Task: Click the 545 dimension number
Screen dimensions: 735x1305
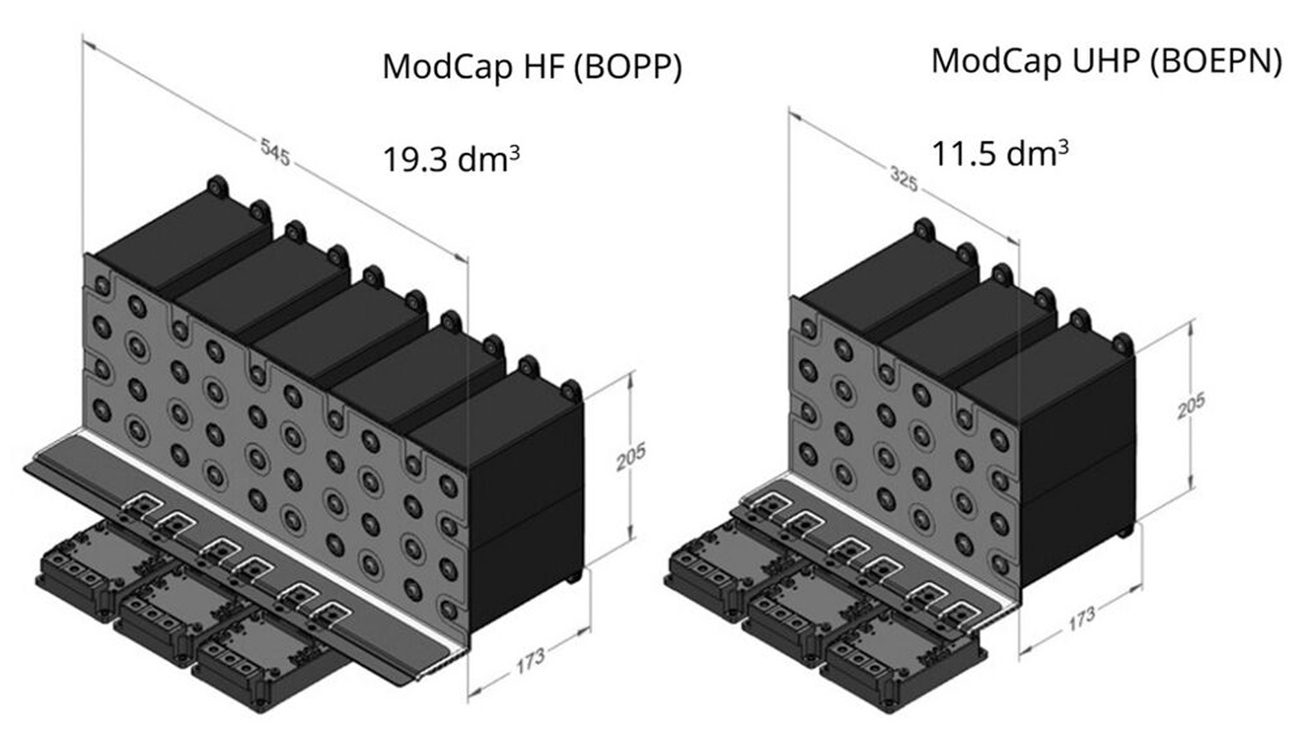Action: tap(275, 152)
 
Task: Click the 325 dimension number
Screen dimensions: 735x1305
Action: tap(904, 179)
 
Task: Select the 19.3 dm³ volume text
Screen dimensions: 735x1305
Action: tap(451, 159)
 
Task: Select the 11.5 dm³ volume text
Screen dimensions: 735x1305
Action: tap(999, 152)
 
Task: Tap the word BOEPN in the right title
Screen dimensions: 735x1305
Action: tap(1215, 61)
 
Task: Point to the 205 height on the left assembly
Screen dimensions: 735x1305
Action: tap(631, 457)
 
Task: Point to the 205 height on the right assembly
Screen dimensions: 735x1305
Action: tap(1191, 405)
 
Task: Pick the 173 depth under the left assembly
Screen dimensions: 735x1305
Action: tap(530, 660)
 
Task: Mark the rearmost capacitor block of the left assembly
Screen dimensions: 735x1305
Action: tap(182, 240)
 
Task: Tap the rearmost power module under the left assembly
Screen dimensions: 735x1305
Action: tap(96, 567)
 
